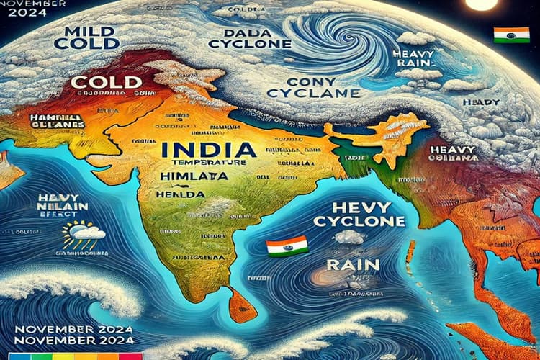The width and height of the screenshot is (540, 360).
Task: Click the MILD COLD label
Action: [x=91, y=37]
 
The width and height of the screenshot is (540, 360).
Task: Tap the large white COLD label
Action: [x=106, y=81]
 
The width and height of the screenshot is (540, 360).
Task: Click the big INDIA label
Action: [x=208, y=150]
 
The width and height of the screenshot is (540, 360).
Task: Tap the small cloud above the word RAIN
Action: [x=348, y=237]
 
